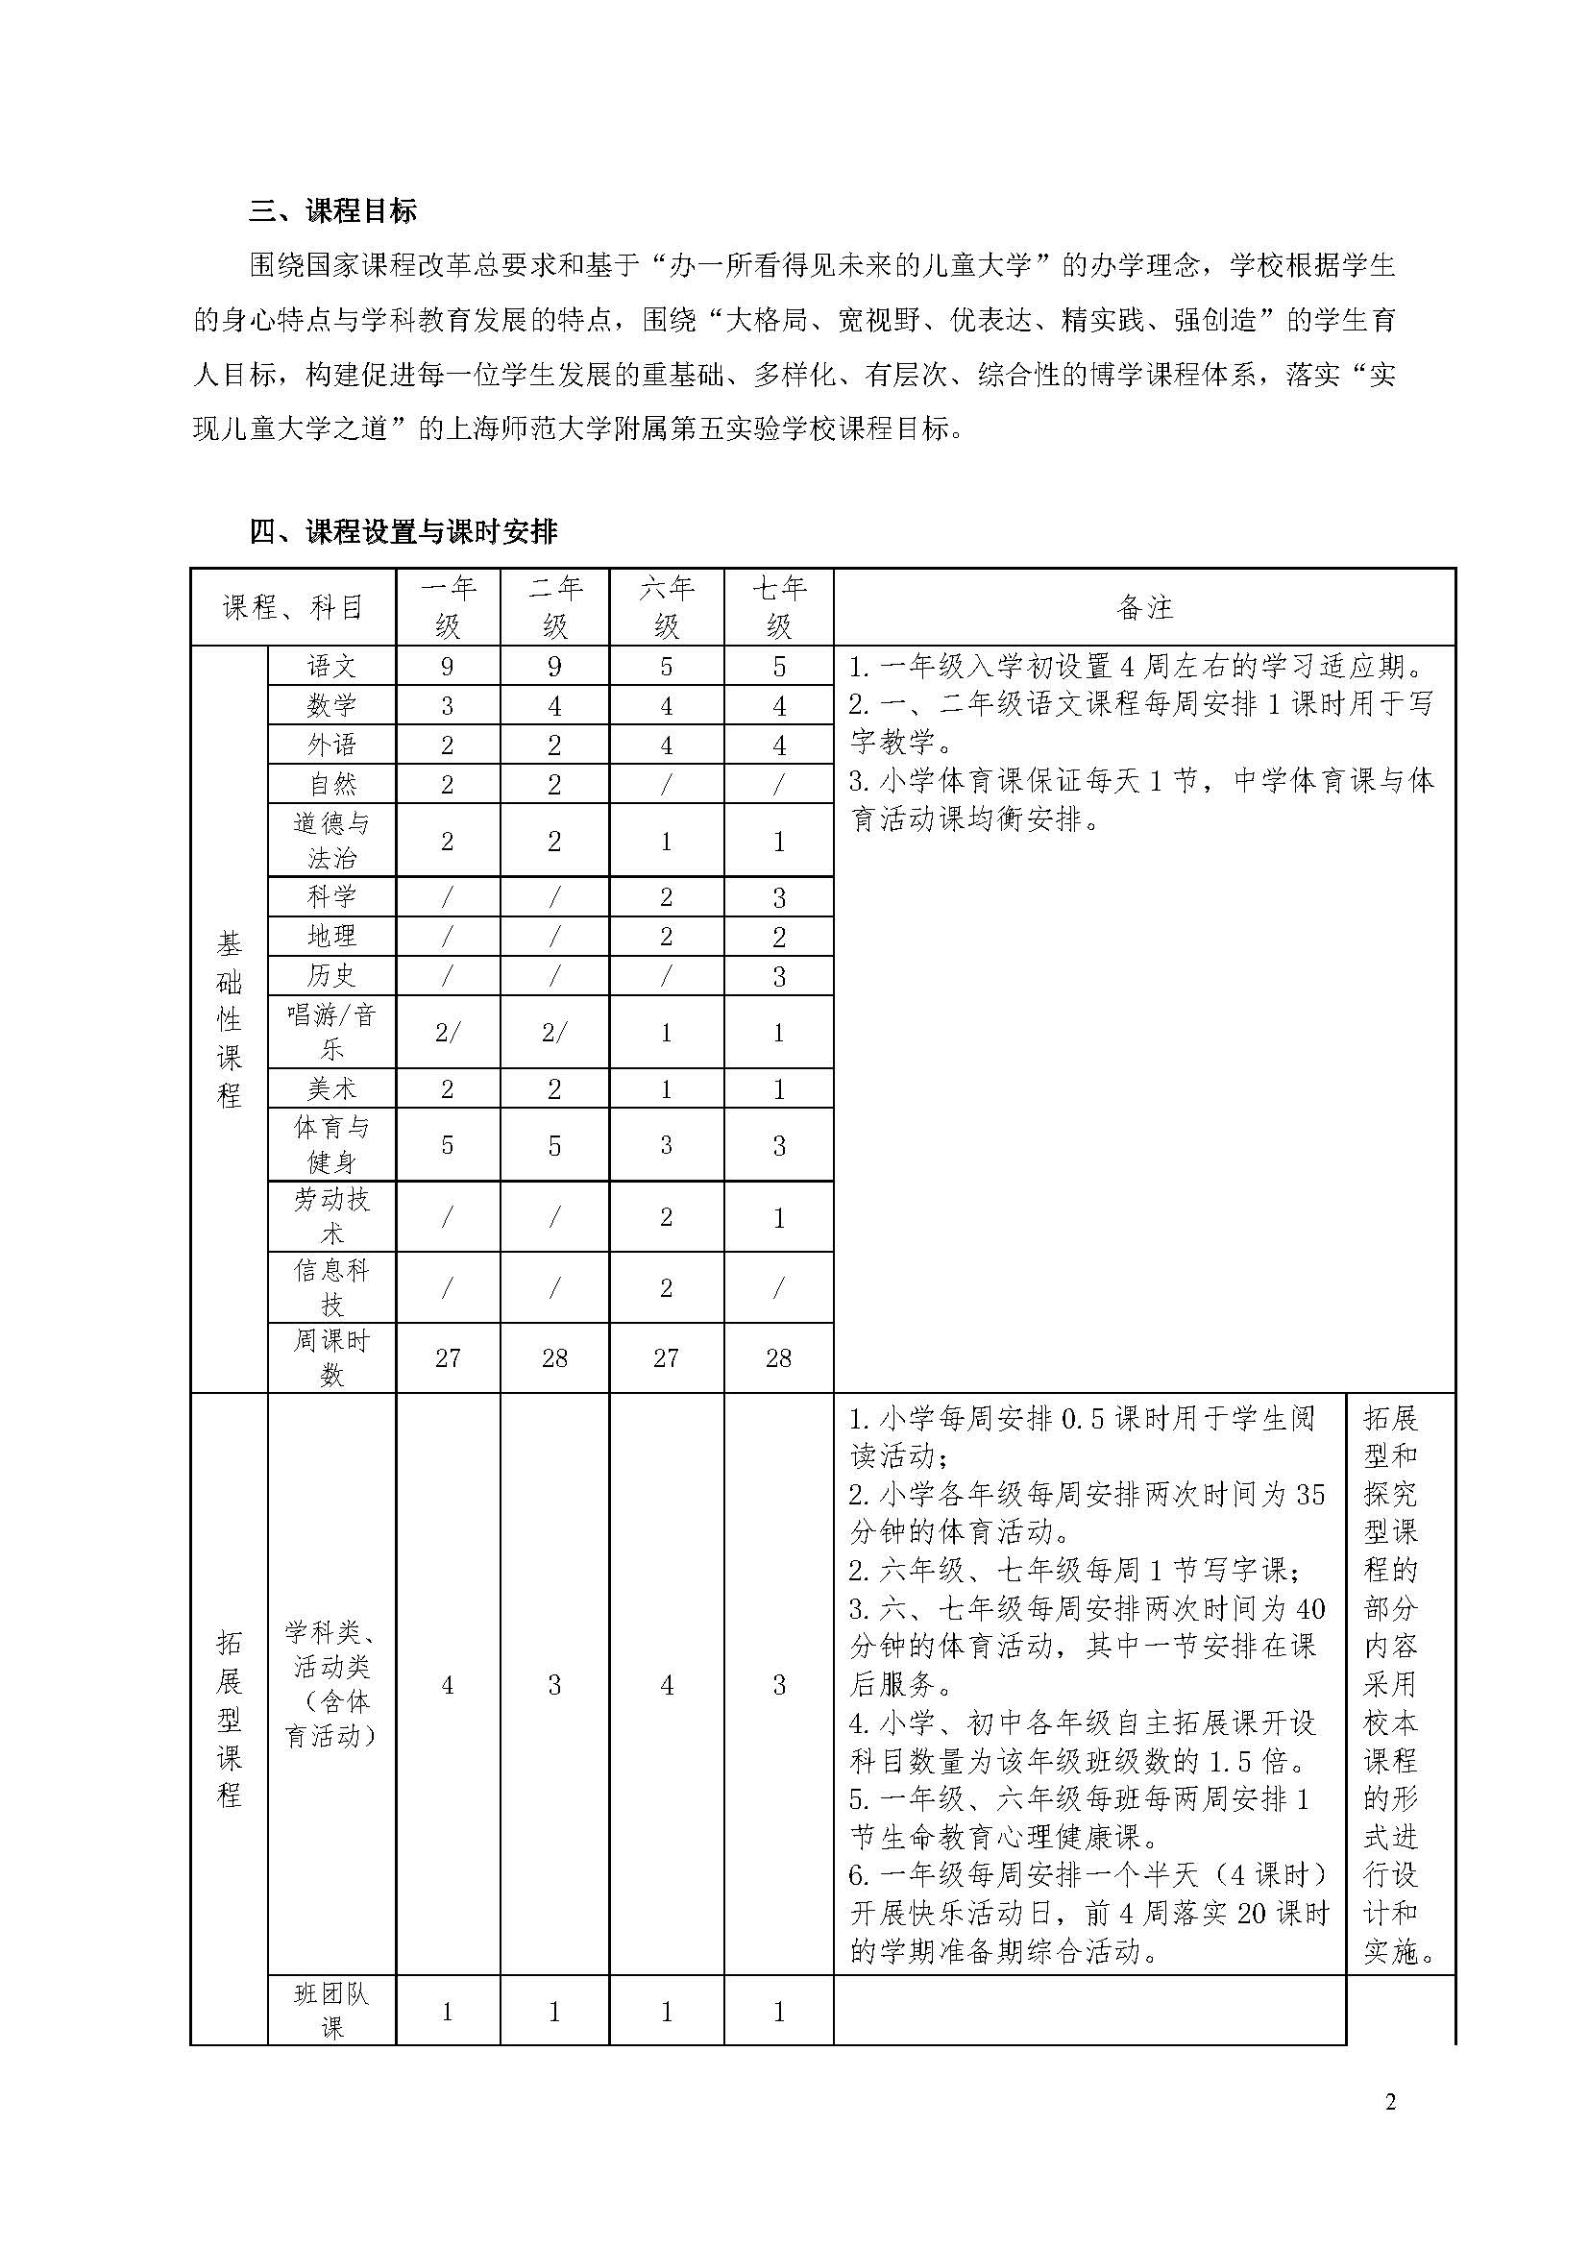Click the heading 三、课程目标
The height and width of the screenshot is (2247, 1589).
click(x=332, y=210)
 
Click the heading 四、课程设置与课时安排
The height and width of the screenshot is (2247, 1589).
click(x=403, y=531)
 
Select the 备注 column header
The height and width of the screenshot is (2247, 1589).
click(x=1144, y=607)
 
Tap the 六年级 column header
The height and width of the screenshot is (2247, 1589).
click(x=667, y=607)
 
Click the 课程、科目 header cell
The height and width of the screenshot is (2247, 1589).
click(x=293, y=607)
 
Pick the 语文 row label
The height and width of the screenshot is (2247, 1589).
click(x=331, y=667)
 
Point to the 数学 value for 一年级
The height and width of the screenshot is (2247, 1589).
click(x=447, y=706)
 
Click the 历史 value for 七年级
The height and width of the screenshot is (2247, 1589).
click(x=779, y=977)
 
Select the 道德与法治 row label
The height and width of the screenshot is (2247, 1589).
click(x=331, y=841)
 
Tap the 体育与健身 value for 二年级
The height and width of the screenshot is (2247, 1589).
click(x=553, y=1145)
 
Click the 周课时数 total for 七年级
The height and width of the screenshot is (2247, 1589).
click(x=779, y=1357)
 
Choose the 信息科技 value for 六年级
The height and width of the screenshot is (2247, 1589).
click(x=667, y=1288)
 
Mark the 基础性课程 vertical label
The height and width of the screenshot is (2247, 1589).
click(x=229, y=1018)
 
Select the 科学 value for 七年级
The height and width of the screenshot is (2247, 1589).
click(x=779, y=897)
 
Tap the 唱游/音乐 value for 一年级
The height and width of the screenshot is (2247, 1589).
click(x=447, y=1033)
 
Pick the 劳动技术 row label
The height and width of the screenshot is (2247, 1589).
click(x=331, y=1216)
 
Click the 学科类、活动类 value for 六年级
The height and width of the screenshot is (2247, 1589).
click(x=667, y=1685)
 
